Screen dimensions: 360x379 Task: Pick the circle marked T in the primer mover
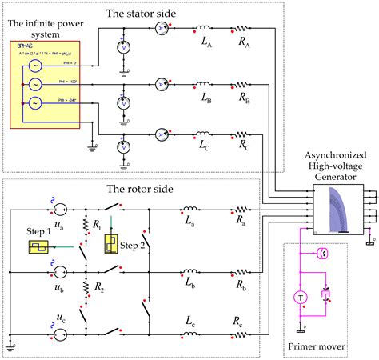(301, 296)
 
